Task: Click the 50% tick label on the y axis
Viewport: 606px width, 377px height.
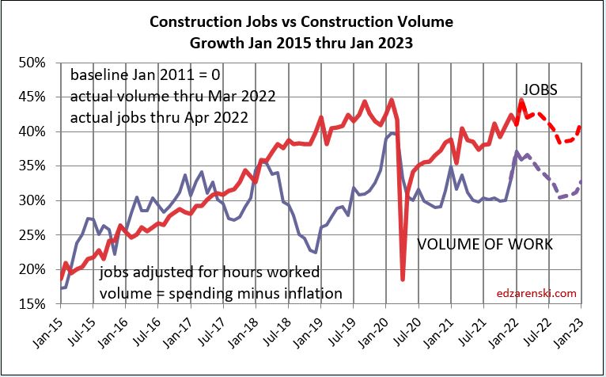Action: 40,63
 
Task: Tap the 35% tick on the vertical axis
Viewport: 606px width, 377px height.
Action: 40,166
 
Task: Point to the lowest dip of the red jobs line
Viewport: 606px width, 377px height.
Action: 403,279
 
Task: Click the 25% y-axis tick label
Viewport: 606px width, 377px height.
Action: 40,235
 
